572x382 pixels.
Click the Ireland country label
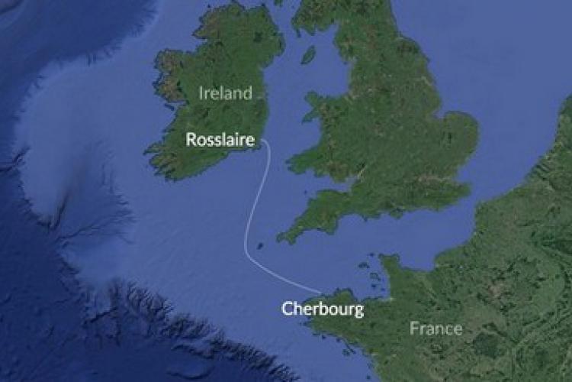(225, 93)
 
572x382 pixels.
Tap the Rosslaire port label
(220, 140)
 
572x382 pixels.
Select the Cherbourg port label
(323, 309)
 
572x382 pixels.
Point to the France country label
(435, 329)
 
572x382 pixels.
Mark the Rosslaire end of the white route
(262, 142)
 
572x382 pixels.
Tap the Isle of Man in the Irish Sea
(308, 55)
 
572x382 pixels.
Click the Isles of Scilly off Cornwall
(260, 246)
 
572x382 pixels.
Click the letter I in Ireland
(202, 93)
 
